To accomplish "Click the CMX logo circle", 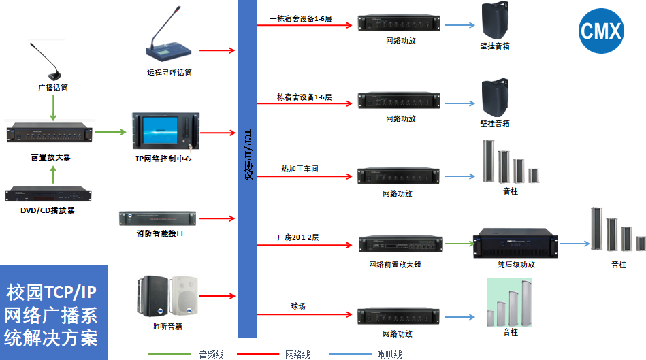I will click(601, 31).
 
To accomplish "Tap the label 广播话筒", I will click(52, 88).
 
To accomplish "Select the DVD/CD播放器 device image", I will click(49, 194).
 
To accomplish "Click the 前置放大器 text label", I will click(50, 157).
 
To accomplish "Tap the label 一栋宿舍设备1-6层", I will click(300, 19).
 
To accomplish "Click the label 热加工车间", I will click(300, 168).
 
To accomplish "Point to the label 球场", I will click(297, 306).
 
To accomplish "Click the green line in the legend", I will click(169, 354).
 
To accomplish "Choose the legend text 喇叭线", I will click(389, 355).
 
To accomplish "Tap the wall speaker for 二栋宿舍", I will click(496, 99).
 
